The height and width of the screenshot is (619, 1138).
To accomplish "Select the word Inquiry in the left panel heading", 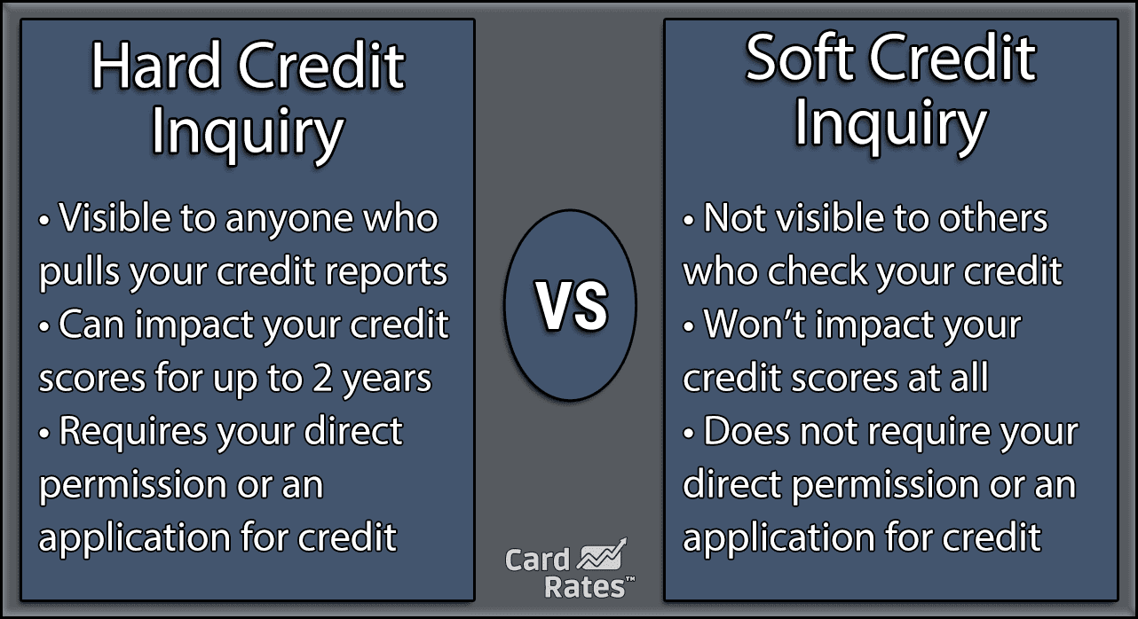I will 247,133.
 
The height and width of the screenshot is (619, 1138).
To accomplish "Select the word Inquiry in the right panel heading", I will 889,125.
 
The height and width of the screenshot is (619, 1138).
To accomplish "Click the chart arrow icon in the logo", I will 603,556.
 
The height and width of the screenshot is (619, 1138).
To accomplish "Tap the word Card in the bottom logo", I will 538,560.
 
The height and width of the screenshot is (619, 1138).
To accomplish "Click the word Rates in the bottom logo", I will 575,586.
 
